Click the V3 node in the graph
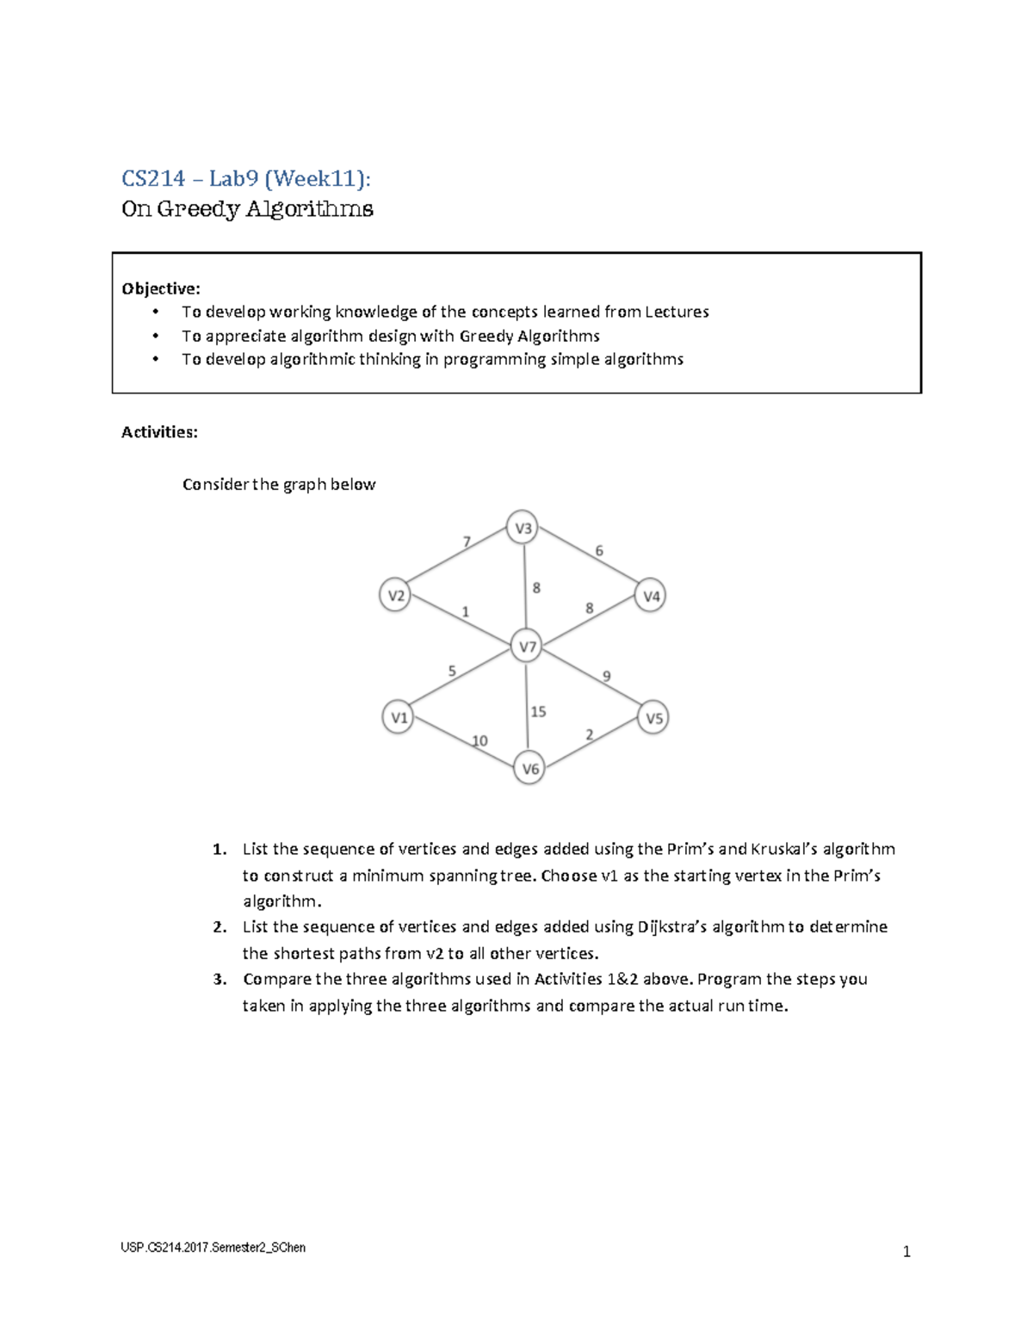[523, 528]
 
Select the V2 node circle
[395, 596]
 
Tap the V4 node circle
[651, 596]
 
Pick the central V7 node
[526, 647]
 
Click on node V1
[399, 717]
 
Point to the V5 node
[653, 717]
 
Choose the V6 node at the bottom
[529, 769]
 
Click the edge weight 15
[538, 712]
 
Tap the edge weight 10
[479, 741]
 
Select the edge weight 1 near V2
[466, 612]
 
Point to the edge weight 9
[607, 677]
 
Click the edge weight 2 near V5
[590, 734]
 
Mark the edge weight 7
[467, 542]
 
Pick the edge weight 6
[599, 551]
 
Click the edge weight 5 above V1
[452, 672]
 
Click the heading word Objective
[161, 288]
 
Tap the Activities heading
[159, 432]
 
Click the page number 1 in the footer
[906, 1252]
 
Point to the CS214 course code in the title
[153, 178]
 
